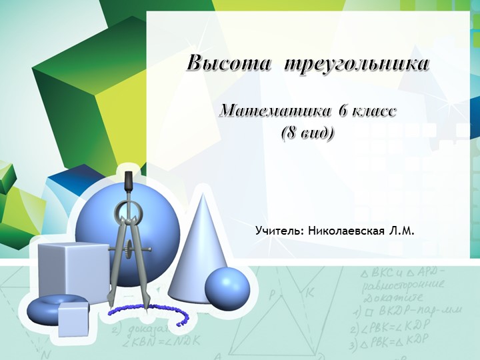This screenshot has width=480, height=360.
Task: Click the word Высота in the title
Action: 229,64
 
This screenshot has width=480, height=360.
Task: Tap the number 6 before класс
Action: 343,110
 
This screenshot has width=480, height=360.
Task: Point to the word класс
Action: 373,110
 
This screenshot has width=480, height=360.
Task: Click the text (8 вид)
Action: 307,132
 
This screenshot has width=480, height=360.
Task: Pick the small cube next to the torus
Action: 73,319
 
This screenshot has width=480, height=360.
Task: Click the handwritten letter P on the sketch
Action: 272,293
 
